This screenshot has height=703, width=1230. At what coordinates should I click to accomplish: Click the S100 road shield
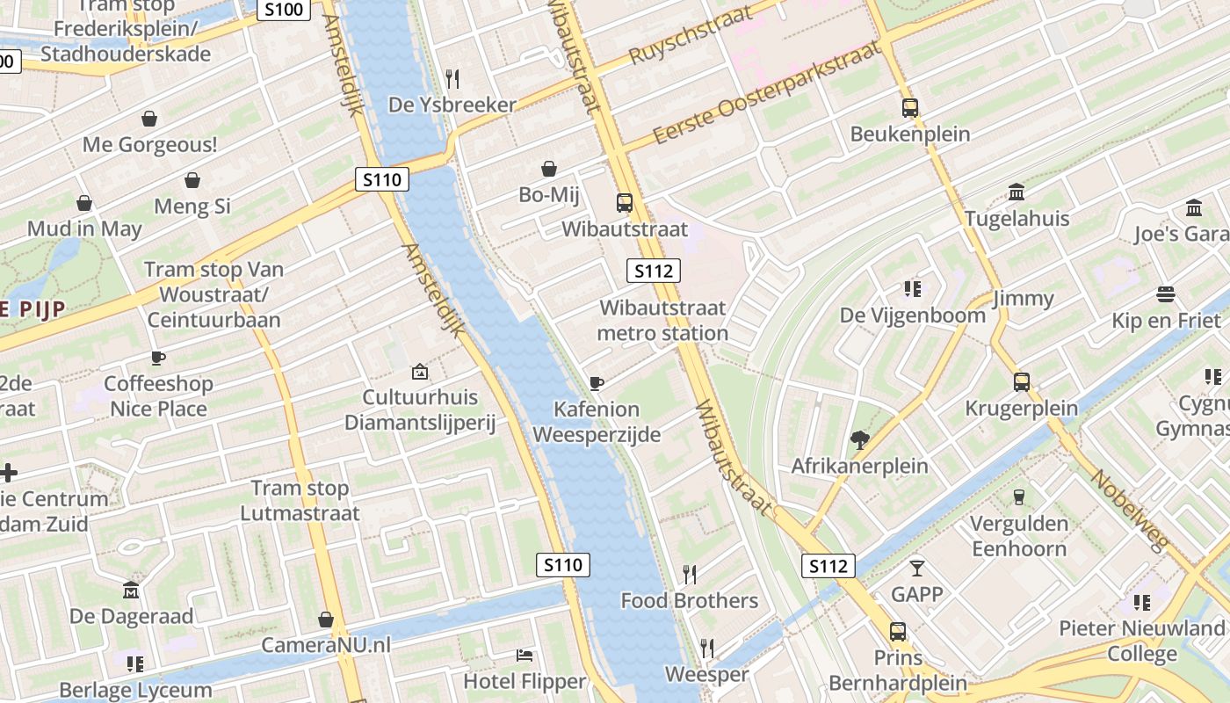click(284, 10)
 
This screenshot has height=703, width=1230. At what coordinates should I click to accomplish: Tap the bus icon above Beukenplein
click(909, 108)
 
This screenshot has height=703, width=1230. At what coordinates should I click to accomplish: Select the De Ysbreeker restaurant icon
click(452, 79)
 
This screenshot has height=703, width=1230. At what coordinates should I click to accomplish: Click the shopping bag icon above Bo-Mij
click(549, 169)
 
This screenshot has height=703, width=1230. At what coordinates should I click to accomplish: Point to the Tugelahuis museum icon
click(1017, 192)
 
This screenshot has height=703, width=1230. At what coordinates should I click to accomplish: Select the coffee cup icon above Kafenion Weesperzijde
click(597, 383)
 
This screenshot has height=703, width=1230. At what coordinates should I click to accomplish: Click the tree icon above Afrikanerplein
click(859, 440)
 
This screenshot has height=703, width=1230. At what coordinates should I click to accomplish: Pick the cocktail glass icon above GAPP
click(917, 569)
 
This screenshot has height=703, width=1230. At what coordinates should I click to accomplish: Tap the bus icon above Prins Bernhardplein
click(897, 632)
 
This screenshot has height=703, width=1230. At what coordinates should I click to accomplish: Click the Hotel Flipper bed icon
click(524, 656)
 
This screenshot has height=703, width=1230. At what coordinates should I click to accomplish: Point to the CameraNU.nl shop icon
click(326, 620)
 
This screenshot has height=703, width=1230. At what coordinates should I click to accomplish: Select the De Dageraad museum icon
click(131, 590)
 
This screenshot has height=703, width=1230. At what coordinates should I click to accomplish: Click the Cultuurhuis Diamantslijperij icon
click(419, 372)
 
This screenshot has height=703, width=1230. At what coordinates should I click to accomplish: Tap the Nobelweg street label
click(1130, 510)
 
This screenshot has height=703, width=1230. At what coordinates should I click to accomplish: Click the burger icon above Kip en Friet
click(1166, 294)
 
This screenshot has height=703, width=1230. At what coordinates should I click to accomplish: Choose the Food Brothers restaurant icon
click(690, 575)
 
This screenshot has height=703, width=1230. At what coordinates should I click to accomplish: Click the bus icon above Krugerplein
click(1021, 382)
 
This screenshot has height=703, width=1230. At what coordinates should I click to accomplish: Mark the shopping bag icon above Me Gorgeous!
click(149, 119)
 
